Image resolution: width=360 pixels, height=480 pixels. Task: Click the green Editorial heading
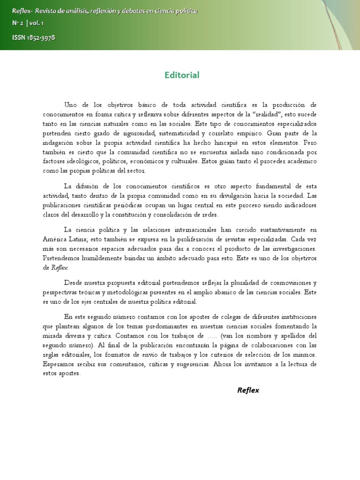[x=182, y=75]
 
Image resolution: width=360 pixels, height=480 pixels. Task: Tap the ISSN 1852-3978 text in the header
[x=34, y=38]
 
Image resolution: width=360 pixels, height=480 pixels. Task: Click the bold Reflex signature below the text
[x=248, y=390]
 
